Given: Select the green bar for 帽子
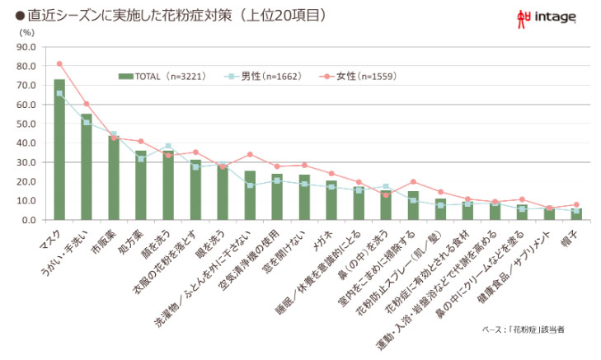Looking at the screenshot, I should (575, 214).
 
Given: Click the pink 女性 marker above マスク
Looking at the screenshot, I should (59, 63).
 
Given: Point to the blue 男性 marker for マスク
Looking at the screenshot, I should (59, 94).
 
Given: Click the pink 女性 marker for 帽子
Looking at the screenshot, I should (575, 204).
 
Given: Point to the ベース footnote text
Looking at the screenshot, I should (523, 330).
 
